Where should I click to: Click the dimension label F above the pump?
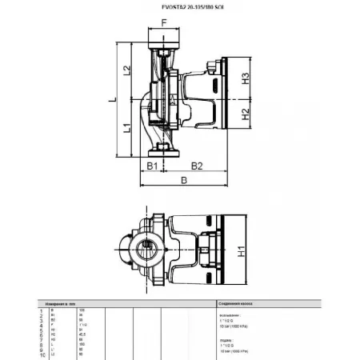(x=166, y=22)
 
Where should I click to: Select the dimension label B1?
(x=150, y=166)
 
